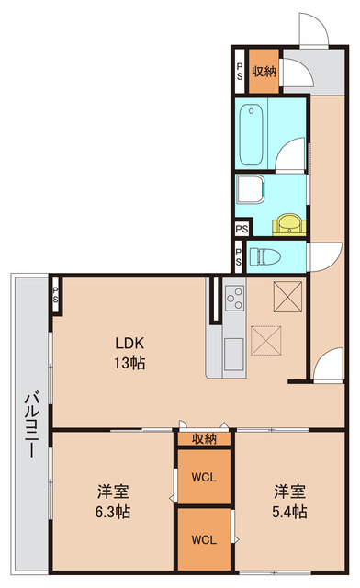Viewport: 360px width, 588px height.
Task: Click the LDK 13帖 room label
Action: point(129,353)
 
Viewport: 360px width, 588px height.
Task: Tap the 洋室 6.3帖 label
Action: point(113,502)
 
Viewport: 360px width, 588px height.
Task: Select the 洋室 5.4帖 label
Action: point(289,502)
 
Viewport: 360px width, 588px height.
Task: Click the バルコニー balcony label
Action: point(32,424)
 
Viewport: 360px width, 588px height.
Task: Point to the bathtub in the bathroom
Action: point(251,135)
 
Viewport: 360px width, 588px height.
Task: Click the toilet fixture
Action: point(264,256)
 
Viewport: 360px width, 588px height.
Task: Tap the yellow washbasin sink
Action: point(288,225)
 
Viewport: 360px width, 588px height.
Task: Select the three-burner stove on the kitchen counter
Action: point(234,298)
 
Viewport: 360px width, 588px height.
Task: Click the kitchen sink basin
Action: point(233,354)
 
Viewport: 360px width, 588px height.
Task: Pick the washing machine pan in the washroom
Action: point(251,190)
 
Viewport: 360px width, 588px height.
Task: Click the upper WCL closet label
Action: point(204,478)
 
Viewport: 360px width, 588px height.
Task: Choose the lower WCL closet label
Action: point(204,539)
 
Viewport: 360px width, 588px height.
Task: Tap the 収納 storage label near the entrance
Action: point(264,72)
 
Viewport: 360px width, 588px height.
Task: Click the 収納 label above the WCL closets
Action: point(205,439)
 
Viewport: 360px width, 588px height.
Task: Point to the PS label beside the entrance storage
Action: point(240,72)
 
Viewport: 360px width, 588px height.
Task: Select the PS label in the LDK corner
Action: point(55,295)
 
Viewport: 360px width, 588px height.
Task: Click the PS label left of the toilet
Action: point(239,256)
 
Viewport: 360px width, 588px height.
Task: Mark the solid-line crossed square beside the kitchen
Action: point(287,296)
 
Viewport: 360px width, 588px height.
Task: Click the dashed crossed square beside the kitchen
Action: point(266,341)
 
